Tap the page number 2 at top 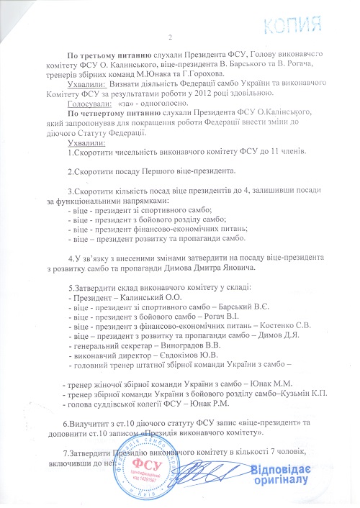coord(171,37)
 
